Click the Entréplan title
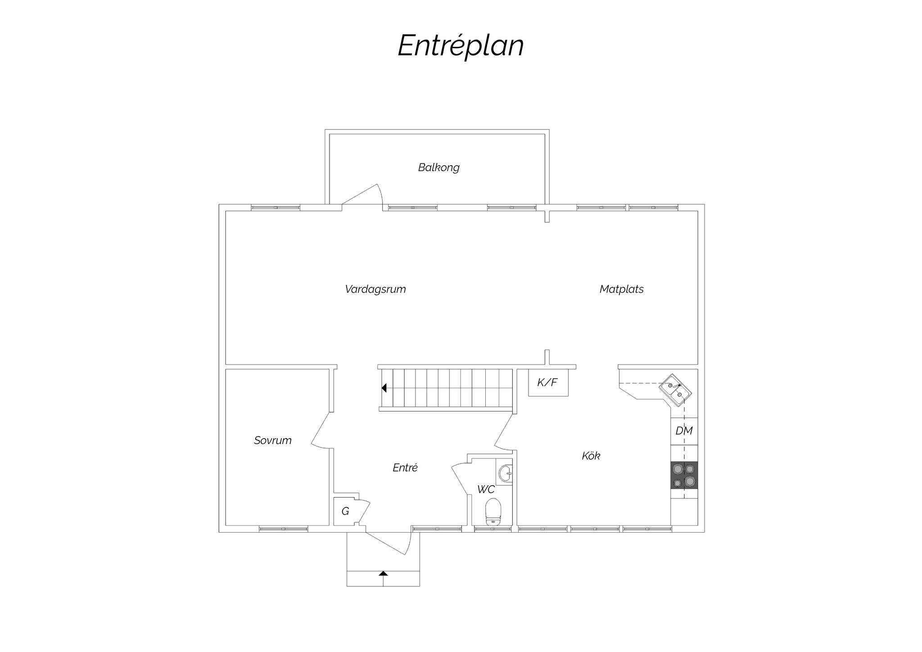coord(461,46)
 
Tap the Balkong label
coord(438,168)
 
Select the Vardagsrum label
coord(375,289)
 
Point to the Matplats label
coord(621,289)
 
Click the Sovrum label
coord(272,440)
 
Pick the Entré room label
coord(405,468)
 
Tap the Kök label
coord(591,456)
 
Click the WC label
coord(486,489)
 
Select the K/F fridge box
coord(548,383)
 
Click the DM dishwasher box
coord(684,431)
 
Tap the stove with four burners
coord(684,475)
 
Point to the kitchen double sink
coord(675,390)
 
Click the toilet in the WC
coord(493,512)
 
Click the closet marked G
coord(345,512)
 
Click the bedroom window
coord(284,529)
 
